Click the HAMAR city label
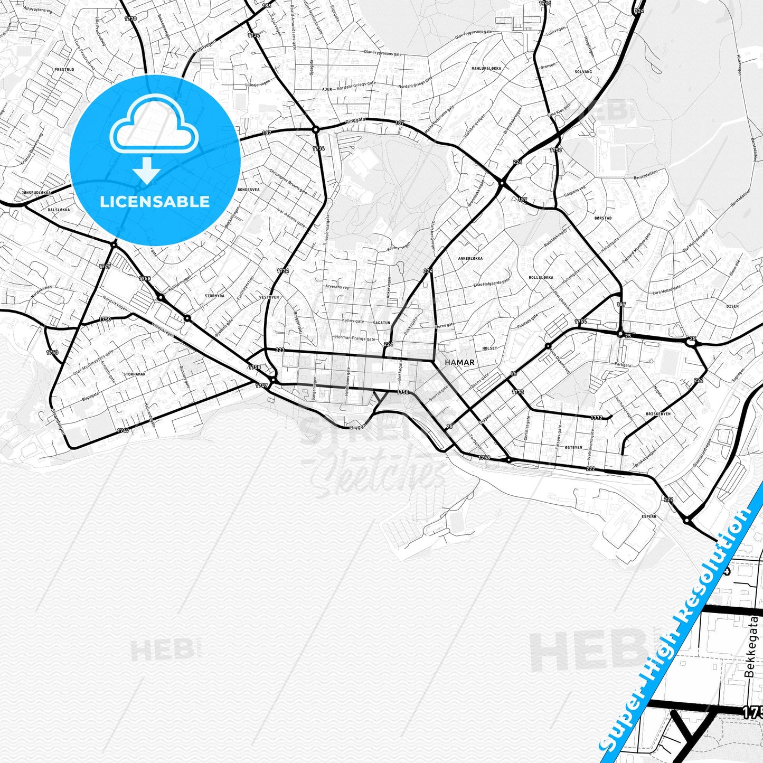pos(459,363)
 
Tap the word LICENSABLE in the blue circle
pos(155,201)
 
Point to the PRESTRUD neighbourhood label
pos(64,70)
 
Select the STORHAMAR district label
pos(134,374)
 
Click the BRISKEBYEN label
pos(658,414)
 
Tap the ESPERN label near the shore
pos(649,516)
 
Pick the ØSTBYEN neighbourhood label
pos(573,447)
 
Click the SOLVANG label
pos(583,71)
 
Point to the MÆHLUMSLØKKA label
pos(487,68)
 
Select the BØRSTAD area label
pos(603,218)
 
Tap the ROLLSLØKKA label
pos(541,277)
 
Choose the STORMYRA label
pos(214,296)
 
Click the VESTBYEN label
pos(269,297)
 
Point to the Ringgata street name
pos(355,121)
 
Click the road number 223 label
pos(280,350)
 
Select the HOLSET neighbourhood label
pos(489,348)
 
